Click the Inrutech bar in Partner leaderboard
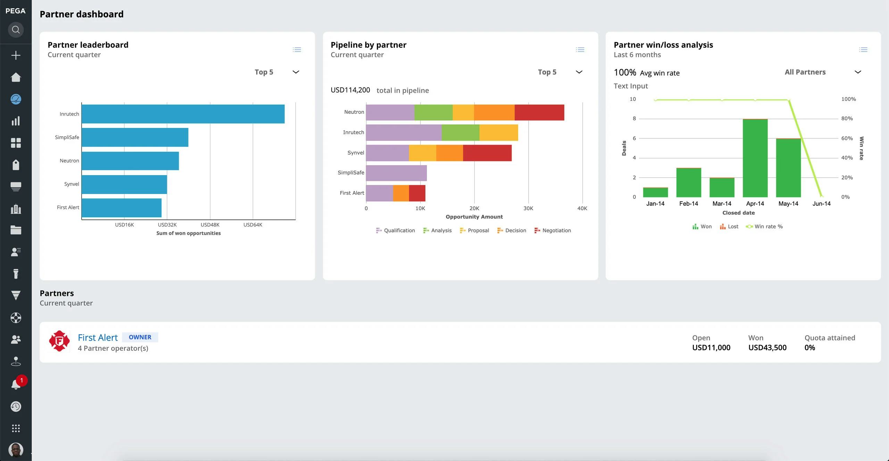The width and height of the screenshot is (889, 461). pyautogui.click(x=183, y=114)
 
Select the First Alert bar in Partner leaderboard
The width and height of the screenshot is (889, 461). pyautogui.click(x=122, y=208)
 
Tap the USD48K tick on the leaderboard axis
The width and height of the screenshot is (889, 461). pyautogui.click(x=210, y=225)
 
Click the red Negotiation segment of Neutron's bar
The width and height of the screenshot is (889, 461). pyautogui.click(x=539, y=112)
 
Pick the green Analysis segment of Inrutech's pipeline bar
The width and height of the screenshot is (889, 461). pyautogui.click(x=460, y=132)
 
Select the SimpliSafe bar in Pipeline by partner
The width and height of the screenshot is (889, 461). pyautogui.click(x=396, y=173)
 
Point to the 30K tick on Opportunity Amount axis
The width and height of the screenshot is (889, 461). pyautogui.click(x=528, y=208)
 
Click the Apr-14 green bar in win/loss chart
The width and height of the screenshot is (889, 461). pyautogui.click(x=755, y=158)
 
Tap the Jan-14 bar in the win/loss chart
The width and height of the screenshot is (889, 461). pyautogui.click(x=655, y=192)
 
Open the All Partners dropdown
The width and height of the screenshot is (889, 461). pyautogui.click(x=822, y=72)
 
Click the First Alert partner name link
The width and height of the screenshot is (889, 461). pyautogui.click(x=98, y=337)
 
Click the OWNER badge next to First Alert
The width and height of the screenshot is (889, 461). pyautogui.click(x=140, y=337)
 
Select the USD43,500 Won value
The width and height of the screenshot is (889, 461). pyautogui.click(x=767, y=347)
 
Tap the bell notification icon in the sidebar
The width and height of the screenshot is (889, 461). pyautogui.click(x=16, y=384)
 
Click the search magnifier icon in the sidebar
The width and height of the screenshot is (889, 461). pyautogui.click(x=16, y=30)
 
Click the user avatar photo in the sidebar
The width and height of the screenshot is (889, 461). pyautogui.click(x=16, y=449)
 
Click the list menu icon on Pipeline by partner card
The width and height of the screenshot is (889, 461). pyautogui.click(x=580, y=50)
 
